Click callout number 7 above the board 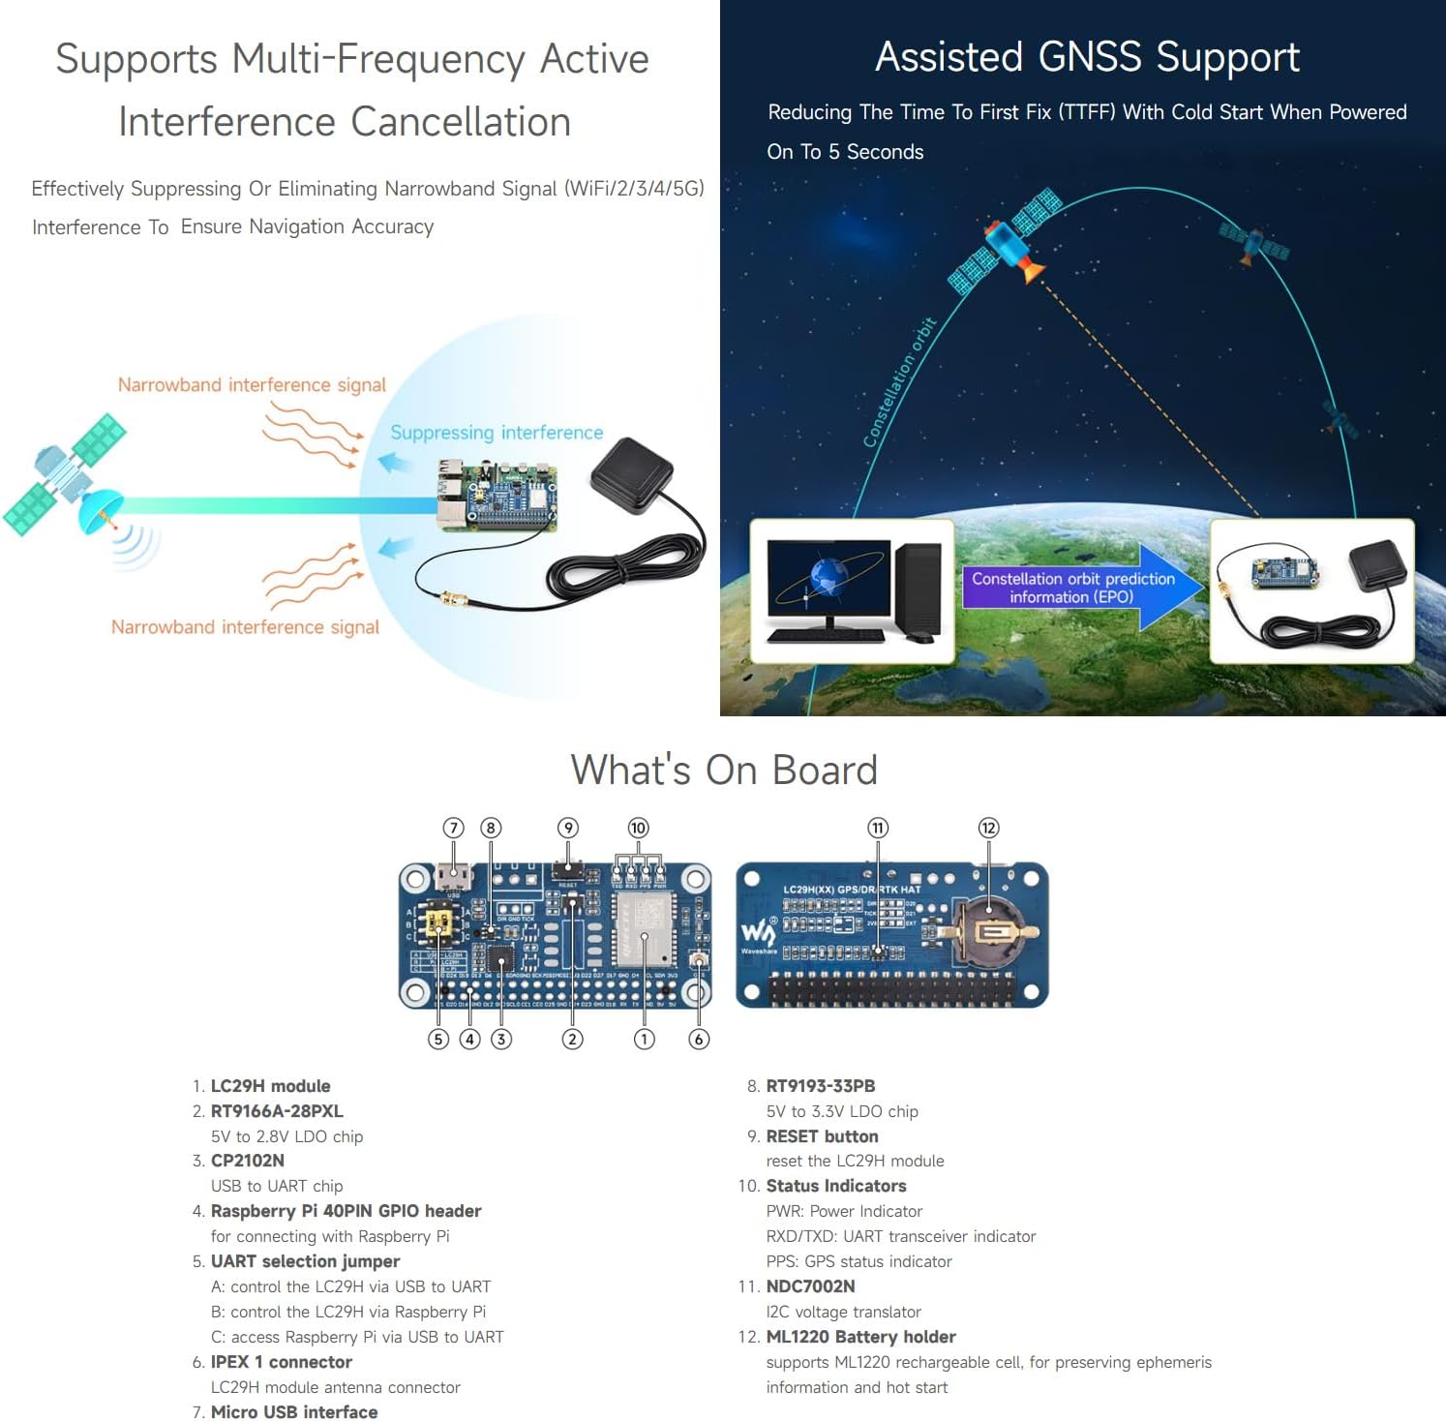(x=454, y=828)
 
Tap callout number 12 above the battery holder (x=988, y=828)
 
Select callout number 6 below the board (x=699, y=1039)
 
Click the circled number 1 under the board (x=644, y=1039)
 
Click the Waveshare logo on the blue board (x=758, y=934)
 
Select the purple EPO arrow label (x=1072, y=588)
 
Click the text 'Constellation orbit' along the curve (x=899, y=383)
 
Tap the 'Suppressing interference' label (x=497, y=433)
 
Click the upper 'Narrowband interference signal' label (x=252, y=385)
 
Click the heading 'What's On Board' (x=723, y=771)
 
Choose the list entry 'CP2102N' (x=247, y=1161)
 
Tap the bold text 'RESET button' (x=822, y=1136)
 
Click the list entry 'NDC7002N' (x=810, y=1286)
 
